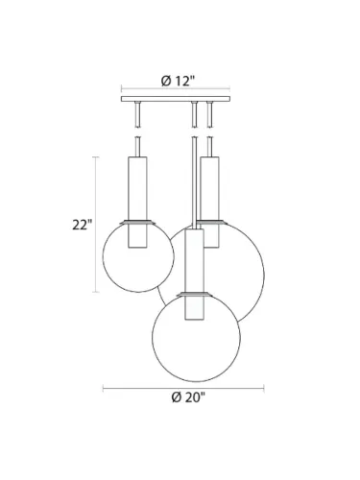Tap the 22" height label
click(82, 226)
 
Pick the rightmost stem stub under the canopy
click(207, 115)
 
